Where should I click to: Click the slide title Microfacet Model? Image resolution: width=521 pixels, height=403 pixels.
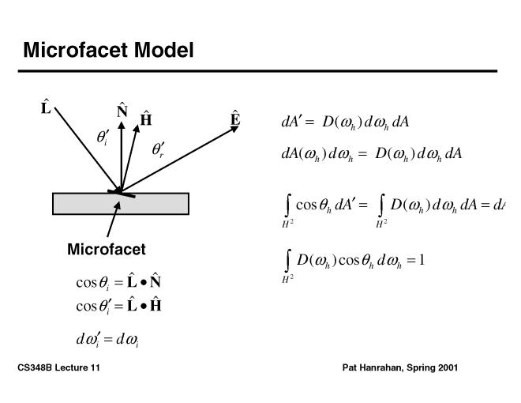(x=108, y=51)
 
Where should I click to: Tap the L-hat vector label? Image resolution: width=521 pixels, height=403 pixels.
(x=46, y=106)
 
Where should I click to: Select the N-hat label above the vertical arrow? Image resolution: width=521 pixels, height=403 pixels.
(x=122, y=111)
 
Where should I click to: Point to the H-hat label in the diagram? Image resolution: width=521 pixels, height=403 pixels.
(x=146, y=119)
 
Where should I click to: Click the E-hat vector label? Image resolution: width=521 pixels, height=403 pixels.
(x=235, y=119)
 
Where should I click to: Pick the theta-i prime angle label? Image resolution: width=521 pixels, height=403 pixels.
(x=103, y=137)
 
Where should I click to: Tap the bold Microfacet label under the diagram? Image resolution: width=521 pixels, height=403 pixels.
(x=107, y=250)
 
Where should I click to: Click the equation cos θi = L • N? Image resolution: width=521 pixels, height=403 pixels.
(x=118, y=282)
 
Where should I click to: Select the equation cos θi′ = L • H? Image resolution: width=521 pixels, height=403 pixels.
(x=118, y=305)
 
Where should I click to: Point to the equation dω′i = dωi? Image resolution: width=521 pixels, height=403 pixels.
(x=108, y=340)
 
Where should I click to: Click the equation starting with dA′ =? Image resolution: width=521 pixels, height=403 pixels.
(x=344, y=122)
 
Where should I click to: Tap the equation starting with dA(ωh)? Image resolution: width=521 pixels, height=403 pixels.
(x=371, y=153)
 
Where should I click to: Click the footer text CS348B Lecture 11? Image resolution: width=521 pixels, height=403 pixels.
(x=58, y=368)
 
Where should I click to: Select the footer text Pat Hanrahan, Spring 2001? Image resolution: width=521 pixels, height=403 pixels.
(x=400, y=368)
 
